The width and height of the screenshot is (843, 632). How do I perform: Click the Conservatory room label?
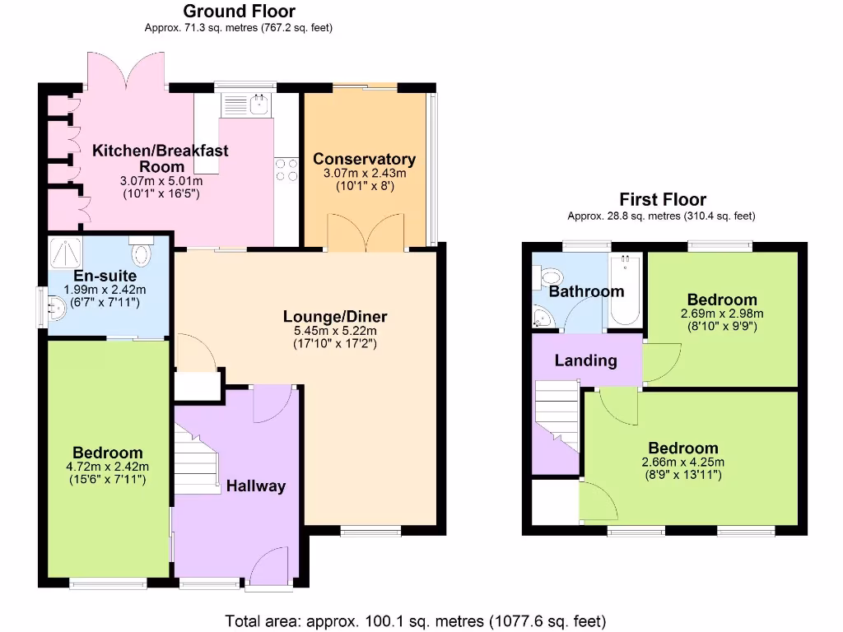(364, 159)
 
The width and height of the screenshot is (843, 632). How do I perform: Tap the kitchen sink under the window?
(249, 104)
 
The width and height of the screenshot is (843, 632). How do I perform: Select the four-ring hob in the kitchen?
(286, 170)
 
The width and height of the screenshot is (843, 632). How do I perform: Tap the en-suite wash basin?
(57, 309)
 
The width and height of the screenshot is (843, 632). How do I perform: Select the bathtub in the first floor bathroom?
(625, 290)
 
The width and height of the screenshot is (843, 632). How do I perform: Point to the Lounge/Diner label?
(335, 317)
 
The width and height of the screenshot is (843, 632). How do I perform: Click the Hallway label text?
(256, 486)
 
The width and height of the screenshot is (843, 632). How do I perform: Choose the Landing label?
(585, 360)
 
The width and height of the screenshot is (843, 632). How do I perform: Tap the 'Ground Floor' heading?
(239, 11)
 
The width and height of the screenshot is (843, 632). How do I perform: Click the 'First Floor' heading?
(663, 199)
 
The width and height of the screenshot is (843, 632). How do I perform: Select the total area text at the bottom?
(416, 620)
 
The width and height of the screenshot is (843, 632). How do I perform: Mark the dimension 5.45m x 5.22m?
(335, 331)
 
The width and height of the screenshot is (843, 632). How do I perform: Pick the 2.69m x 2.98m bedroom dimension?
(722, 314)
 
